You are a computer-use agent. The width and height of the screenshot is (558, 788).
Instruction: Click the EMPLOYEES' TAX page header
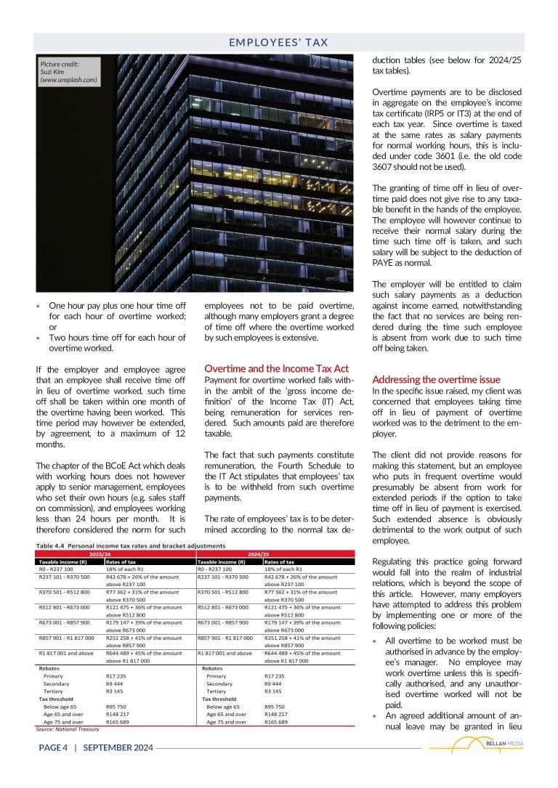279,43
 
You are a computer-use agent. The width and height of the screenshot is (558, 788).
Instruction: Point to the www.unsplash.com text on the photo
69,80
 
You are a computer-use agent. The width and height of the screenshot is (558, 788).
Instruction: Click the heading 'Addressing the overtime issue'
436,380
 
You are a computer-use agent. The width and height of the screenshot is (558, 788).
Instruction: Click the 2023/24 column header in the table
115,553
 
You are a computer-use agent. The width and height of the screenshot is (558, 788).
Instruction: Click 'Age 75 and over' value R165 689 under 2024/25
276,723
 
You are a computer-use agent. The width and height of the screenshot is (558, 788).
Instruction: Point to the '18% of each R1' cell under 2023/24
125,569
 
